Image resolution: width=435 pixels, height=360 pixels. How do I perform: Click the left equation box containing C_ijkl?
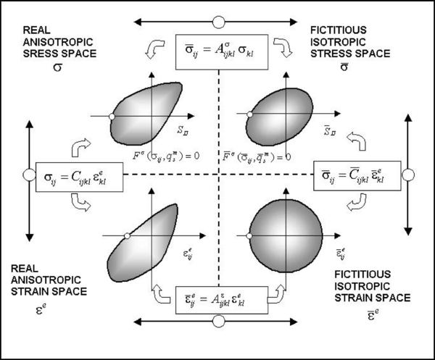click(80, 175)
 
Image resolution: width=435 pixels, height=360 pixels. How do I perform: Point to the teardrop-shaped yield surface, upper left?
click(144, 112)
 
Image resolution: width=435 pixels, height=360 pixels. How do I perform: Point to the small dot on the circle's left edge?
click(248, 233)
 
